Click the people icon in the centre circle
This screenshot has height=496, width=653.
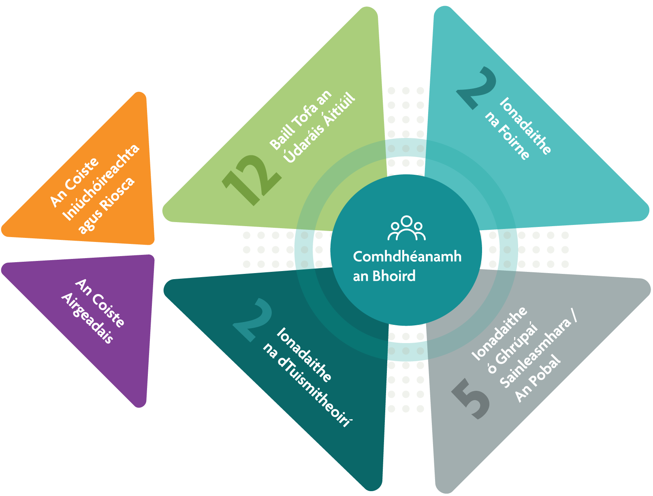click(406, 228)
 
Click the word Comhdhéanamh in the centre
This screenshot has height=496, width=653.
click(407, 256)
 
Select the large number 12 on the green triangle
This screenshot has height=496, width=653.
click(252, 180)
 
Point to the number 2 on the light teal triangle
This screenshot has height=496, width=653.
click(476, 88)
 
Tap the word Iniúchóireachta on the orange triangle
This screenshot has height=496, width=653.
click(101, 182)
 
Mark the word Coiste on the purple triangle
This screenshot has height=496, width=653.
click(108, 311)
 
